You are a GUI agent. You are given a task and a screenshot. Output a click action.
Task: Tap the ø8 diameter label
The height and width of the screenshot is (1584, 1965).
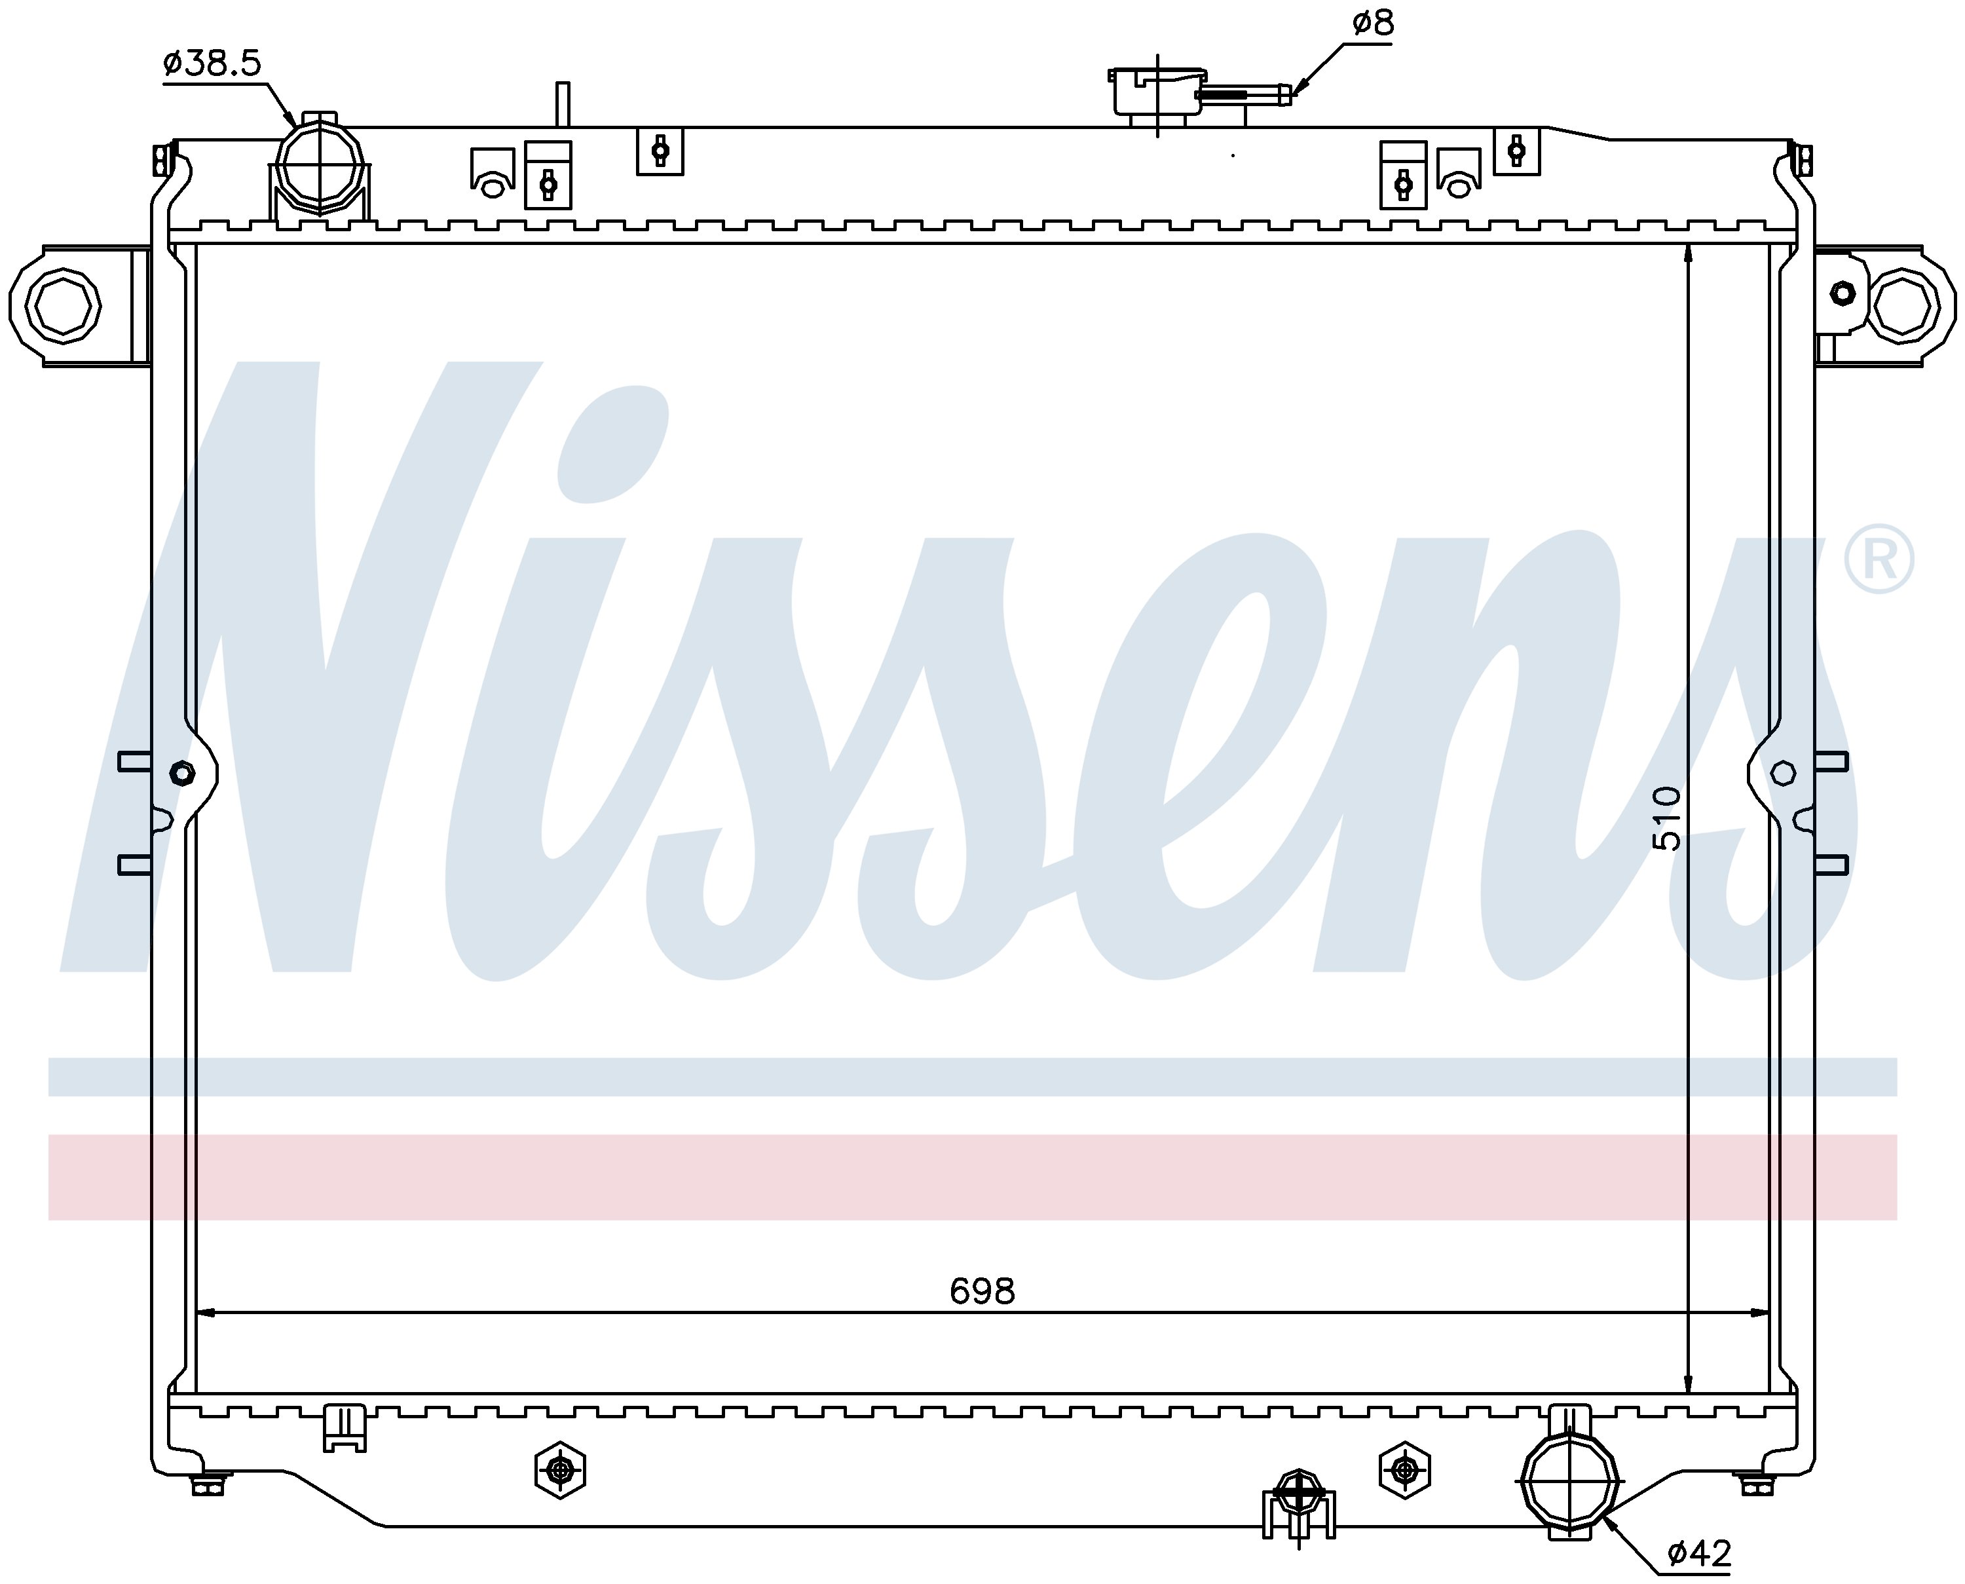pyautogui.click(x=1373, y=23)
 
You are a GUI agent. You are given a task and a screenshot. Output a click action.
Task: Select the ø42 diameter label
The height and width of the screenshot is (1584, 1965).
pyautogui.click(x=1698, y=1553)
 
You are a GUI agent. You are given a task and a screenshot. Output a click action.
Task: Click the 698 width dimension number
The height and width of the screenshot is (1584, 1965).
pyautogui.click(x=982, y=1291)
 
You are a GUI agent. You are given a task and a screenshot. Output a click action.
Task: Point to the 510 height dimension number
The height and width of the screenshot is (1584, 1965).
pyautogui.click(x=1666, y=818)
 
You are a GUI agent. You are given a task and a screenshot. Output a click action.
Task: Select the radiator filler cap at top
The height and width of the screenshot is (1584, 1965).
pyautogui.click(x=1157, y=91)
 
